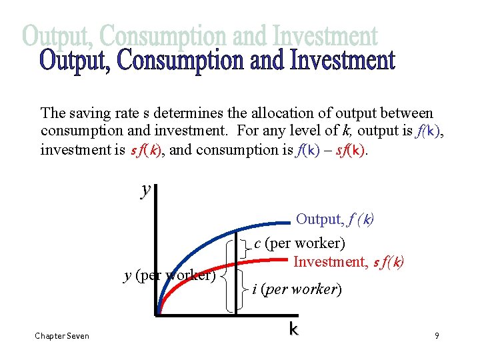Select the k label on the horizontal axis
pyautogui.click(x=293, y=329)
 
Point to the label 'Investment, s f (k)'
pyautogui.click(x=349, y=262)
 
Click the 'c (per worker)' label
pyautogui.click(x=299, y=244)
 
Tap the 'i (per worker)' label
pyautogui.click(x=297, y=289)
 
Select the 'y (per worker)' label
pyautogui.click(x=170, y=275)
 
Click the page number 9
pyautogui.click(x=437, y=336)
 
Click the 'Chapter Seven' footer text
pyautogui.click(x=62, y=336)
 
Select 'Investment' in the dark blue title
pyautogui.click(x=343, y=61)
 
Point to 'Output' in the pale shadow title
pyautogui.click(x=60, y=35)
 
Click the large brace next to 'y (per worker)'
pyautogui.click(x=229, y=275)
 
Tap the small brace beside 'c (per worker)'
pyautogui.click(x=247, y=248)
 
